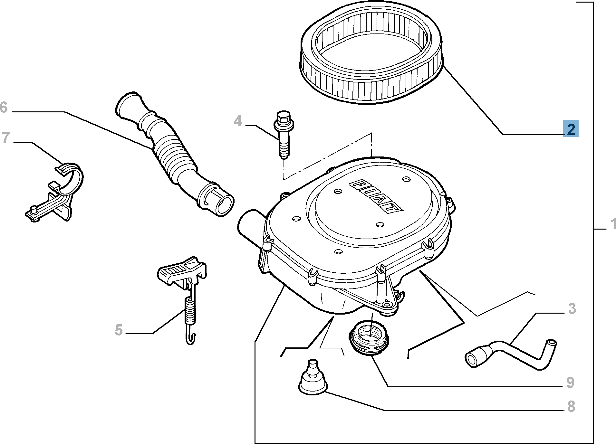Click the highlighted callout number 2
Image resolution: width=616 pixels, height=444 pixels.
pyautogui.click(x=571, y=129)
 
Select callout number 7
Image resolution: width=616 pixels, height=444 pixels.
pyautogui.click(x=5, y=137)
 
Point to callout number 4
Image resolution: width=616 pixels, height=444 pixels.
pyautogui.click(x=238, y=121)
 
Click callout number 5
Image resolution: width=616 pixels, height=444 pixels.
pyautogui.click(x=119, y=330)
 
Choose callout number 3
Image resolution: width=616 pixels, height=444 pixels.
pyautogui.click(x=572, y=308)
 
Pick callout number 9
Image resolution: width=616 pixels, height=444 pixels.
pyautogui.click(x=570, y=383)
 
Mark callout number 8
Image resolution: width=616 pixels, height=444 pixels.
pyautogui.click(x=571, y=406)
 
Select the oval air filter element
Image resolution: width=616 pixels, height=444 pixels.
pyautogui.click(x=371, y=55)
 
